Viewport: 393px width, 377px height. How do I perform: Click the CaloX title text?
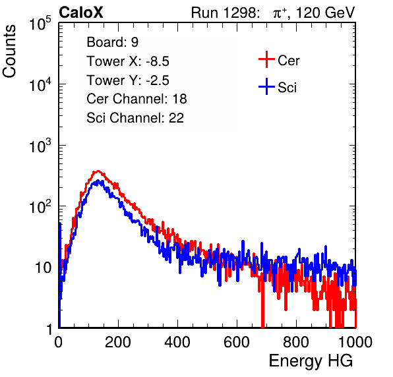81,13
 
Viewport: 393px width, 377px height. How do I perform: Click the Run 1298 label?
225,13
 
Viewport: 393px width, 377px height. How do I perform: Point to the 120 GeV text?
326,13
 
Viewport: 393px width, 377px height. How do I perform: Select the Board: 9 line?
113,42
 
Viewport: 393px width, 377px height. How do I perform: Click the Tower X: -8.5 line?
128,61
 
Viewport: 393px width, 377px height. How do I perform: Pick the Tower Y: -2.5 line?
128,80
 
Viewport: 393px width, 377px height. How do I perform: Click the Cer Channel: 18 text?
136,99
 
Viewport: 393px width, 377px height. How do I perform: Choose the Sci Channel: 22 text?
135,118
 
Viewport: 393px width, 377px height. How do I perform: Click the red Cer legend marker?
266,59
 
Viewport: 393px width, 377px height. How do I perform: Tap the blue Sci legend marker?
266,87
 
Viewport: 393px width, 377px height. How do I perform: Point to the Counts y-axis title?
9,51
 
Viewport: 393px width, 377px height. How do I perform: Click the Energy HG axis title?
311,361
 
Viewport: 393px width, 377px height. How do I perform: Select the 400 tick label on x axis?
177,342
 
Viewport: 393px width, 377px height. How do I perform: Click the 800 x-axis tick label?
296,342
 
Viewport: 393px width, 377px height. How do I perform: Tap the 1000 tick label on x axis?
355,342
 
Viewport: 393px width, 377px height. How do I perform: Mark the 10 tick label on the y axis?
44,268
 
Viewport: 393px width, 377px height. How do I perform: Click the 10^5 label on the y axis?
40,23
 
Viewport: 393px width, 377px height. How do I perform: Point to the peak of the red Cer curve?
98,171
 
